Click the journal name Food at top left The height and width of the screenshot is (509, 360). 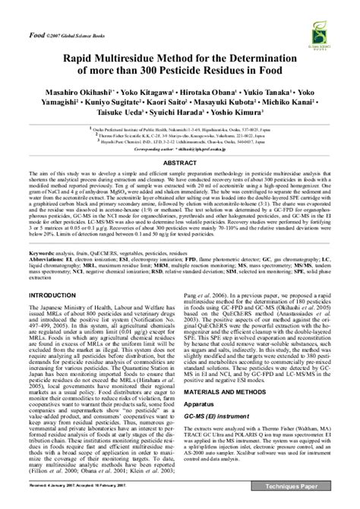click(36, 36)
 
